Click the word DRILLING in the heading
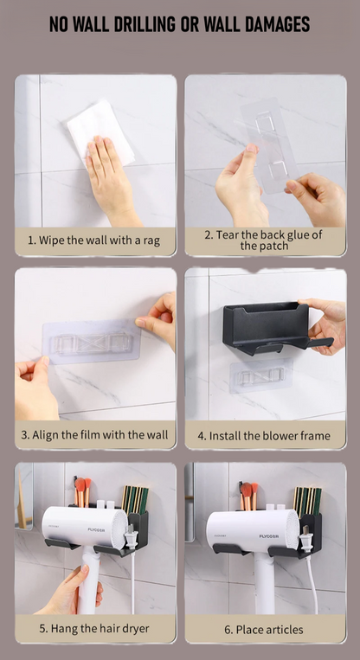coord(141,24)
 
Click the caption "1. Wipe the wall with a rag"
coord(94,240)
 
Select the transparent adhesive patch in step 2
coord(270,145)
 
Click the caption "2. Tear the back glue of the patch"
coord(264,240)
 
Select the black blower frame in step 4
coord(272,326)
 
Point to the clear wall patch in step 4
coord(260,375)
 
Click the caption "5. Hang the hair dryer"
coord(94,629)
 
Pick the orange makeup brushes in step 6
coord(249,496)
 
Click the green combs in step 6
coord(307,502)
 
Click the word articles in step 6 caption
coord(281,630)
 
